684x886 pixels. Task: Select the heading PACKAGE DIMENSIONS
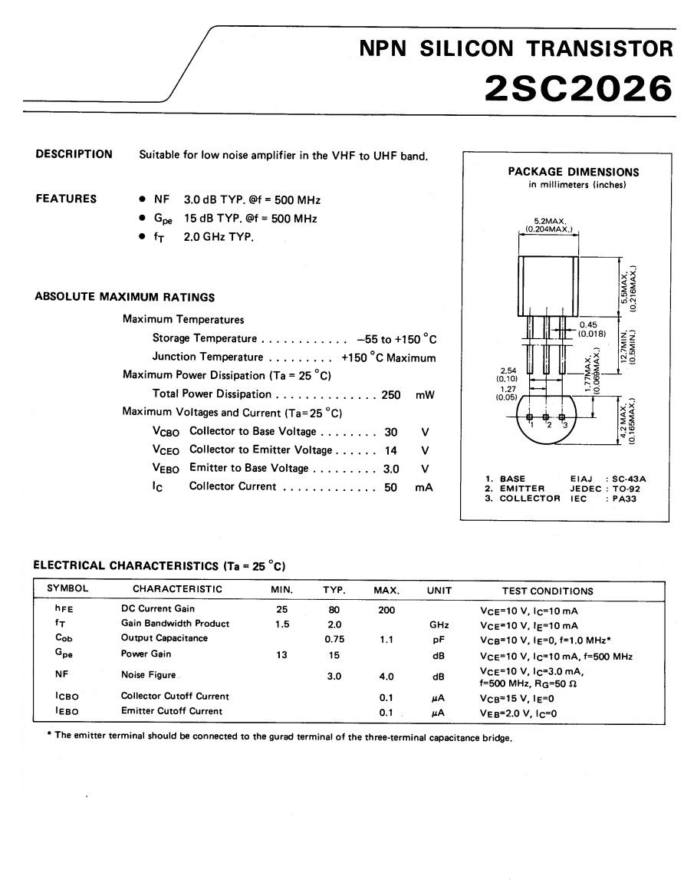click(x=573, y=172)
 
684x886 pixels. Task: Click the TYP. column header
click(x=334, y=591)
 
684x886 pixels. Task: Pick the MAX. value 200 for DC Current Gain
click(x=386, y=609)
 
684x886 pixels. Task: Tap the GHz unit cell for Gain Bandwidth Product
click(x=439, y=624)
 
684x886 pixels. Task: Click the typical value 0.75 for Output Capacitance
click(x=334, y=638)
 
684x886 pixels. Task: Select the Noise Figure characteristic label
click(x=148, y=675)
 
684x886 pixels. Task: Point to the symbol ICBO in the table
click(x=67, y=697)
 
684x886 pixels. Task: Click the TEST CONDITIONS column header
click(x=547, y=591)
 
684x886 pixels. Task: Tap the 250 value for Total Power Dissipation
click(x=391, y=394)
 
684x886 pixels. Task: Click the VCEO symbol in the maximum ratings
click(x=166, y=450)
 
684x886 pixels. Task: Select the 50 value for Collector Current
click(x=390, y=486)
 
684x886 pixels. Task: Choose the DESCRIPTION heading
click(x=74, y=154)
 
